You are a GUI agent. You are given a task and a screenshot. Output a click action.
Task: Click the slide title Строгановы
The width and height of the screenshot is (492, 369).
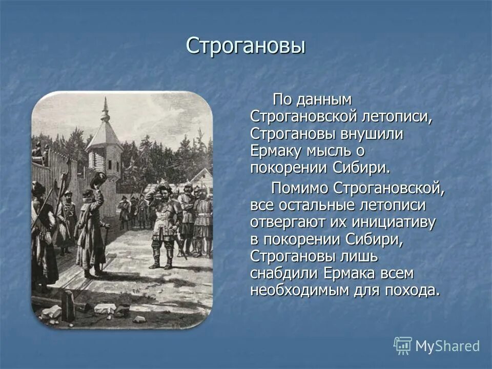[x=245, y=46]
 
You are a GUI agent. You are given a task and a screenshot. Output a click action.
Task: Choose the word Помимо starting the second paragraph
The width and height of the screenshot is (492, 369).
[x=300, y=188]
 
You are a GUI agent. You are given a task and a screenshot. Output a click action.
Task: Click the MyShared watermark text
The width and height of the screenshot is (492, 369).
[x=447, y=346]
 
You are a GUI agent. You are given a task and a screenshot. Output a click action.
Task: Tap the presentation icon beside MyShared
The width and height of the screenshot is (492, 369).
[x=403, y=346]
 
